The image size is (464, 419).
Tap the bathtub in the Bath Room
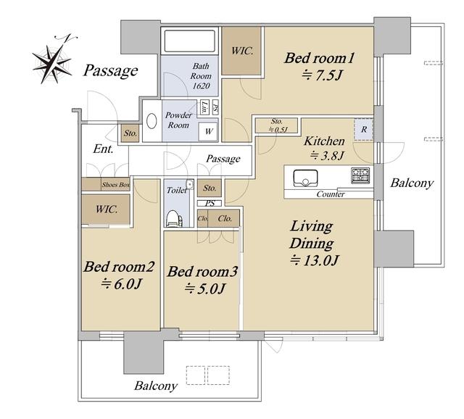click(190, 41)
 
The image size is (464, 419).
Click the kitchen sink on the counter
click(306, 178)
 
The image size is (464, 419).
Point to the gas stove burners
click(360, 175)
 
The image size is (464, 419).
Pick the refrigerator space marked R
click(364, 129)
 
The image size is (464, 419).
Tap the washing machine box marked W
click(209, 131)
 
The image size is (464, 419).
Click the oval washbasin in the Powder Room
click(152, 121)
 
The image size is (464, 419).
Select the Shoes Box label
click(116, 185)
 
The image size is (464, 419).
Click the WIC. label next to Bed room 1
click(242, 51)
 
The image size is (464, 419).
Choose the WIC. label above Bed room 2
click(107, 209)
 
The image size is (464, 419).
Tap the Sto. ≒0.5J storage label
click(277, 125)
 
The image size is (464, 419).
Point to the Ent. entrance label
click(103, 149)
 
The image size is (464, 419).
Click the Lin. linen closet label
click(204, 107)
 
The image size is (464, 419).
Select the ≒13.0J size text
click(315, 260)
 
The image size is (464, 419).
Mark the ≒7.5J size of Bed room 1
click(322, 75)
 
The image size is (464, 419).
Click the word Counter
click(331, 194)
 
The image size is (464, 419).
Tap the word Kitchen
click(324, 141)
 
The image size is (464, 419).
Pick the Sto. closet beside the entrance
click(130, 133)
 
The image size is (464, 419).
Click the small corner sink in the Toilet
click(190, 184)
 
